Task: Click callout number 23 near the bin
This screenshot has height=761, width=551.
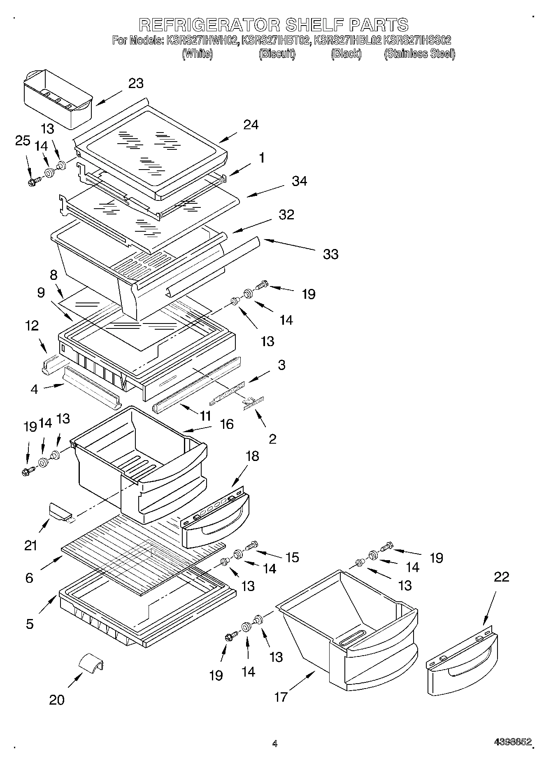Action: (136, 83)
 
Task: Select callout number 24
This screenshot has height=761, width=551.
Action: (251, 125)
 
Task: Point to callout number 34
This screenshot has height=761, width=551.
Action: (299, 181)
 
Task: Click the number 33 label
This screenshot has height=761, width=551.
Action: (330, 254)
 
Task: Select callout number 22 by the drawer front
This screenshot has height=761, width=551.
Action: (501, 577)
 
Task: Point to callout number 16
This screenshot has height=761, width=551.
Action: (227, 424)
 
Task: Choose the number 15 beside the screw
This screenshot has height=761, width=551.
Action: (292, 557)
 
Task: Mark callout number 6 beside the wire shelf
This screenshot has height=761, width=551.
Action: (29, 578)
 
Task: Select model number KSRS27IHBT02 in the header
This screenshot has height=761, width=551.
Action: (276, 40)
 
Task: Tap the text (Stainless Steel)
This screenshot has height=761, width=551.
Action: (419, 54)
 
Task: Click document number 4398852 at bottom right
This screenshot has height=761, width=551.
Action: (513, 742)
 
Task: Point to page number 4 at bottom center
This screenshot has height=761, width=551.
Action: (274, 743)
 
